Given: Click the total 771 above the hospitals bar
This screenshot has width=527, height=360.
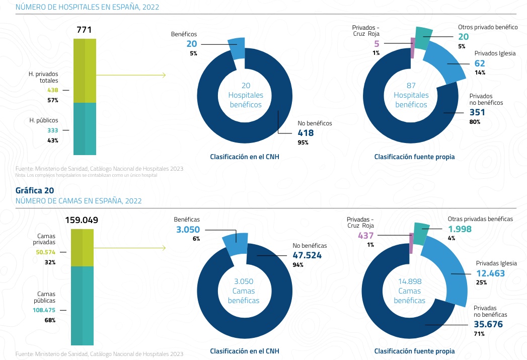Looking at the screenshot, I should coord(84,30).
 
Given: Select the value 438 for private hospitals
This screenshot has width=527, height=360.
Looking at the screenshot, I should coord(53,90).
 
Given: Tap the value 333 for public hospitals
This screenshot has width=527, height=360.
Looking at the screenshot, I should coord(53,130).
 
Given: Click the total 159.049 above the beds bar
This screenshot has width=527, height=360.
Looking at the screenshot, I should coord(82,220).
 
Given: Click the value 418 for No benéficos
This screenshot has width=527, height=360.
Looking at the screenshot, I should coord(305,133).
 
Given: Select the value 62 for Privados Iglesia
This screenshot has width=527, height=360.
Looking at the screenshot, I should coord(480,63).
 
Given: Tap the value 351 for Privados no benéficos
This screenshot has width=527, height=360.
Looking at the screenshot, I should coord(478,112).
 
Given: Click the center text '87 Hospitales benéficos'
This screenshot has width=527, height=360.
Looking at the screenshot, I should coord(411,95).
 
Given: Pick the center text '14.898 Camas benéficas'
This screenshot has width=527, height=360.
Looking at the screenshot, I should coord(409,291).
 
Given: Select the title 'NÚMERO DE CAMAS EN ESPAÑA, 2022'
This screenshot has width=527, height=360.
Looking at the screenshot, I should coord(79,201).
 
